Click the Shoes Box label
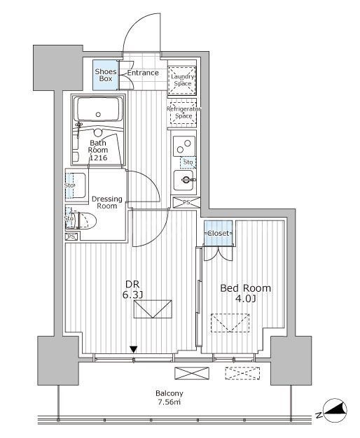[x=106, y=74]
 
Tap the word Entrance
[x=143, y=73]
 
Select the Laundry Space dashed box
[x=183, y=80]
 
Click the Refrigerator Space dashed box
[x=184, y=112]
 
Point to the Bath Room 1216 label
[x=97, y=149]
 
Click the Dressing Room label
[x=106, y=203]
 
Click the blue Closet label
[x=219, y=233]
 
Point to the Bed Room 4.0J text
[x=244, y=293]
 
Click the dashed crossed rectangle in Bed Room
[x=230, y=323]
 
